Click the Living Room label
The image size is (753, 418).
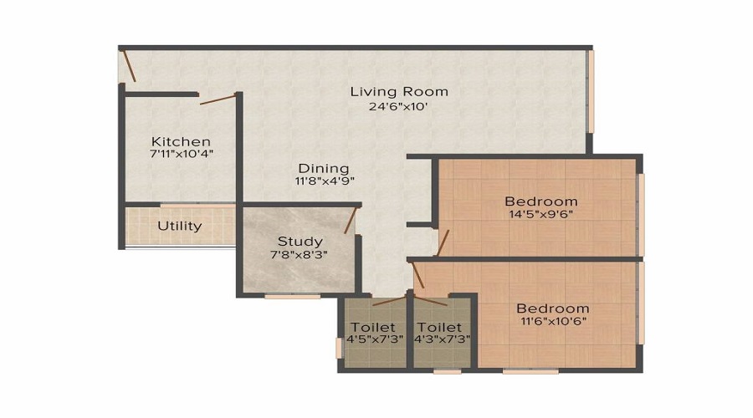click(399, 91)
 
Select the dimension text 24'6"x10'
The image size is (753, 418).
click(399, 106)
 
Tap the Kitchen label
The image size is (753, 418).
click(181, 141)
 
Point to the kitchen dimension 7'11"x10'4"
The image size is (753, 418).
click(181, 155)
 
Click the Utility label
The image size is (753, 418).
click(180, 226)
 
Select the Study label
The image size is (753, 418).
click(300, 242)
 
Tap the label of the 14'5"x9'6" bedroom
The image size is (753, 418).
click(540, 201)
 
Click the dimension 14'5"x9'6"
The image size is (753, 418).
click(540, 214)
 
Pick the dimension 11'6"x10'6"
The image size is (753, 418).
click(552, 321)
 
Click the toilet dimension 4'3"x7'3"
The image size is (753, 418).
click(439, 339)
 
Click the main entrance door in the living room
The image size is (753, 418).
click(128, 65)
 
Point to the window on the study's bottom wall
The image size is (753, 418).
click(292, 296)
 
